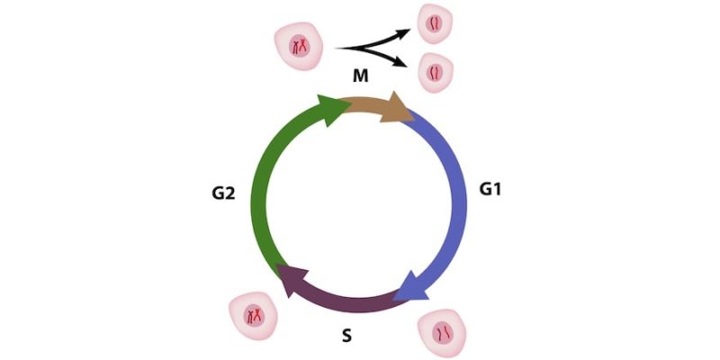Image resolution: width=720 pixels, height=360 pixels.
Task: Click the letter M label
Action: [x=360, y=80]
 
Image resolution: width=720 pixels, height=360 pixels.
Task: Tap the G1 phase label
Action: [x=491, y=191]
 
